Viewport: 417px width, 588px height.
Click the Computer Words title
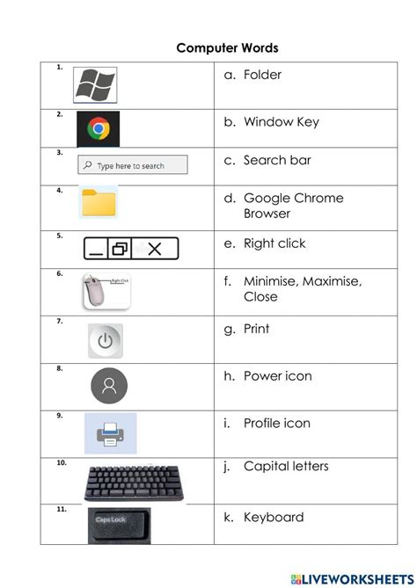pos(227,47)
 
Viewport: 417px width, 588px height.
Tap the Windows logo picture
pos(95,84)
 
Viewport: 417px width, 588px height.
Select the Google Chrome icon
pos(98,129)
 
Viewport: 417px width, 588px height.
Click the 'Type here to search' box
pos(134,165)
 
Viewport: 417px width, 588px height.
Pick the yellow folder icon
pos(99,203)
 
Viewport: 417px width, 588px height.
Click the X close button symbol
pos(155,249)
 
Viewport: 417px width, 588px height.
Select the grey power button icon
pos(106,341)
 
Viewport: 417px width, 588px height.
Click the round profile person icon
pos(109,385)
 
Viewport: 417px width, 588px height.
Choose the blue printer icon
pos(111,432)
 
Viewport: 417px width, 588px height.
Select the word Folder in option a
pos(262,75)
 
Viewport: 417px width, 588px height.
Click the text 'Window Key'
pos(281,122)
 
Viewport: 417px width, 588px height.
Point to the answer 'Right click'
pos(274,243)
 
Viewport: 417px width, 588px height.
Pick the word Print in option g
pos(256,329)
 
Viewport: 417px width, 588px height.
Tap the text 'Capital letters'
pos(285,466)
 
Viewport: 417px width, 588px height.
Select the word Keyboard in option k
pos(273,517)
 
